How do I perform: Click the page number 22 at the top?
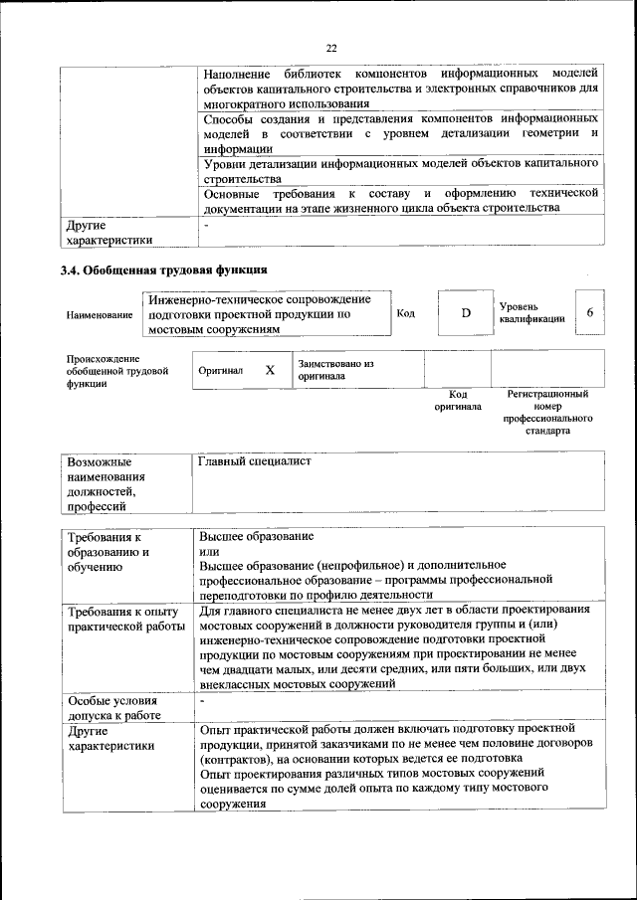(x=332, y=46)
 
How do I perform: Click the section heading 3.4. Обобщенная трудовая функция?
(x=163, y=270)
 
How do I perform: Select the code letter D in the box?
(x=465, y=313)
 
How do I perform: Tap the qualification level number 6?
(x=589, y=312)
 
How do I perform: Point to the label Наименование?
(x=100, y=315)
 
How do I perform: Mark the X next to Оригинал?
(x=269, y=370)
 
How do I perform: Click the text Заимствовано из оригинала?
(x=334, y=371)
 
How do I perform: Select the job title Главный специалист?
(x=256, y=461)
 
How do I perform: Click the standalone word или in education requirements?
(x=209, y=551)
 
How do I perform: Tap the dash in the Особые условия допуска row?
(x=202, y=702)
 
